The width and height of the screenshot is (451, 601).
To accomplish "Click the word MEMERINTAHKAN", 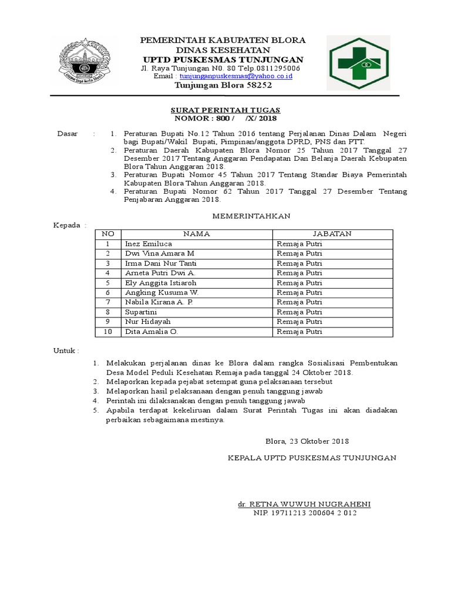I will click(x=251, y=216).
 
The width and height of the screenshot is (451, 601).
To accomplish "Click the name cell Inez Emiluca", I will click(x=147, y=243).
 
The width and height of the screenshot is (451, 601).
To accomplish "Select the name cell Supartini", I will click(x=140, y=312).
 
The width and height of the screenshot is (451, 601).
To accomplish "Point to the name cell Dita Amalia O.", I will click(x=150, y=332).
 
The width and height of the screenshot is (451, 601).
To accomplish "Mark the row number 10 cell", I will click(x=107, y=332).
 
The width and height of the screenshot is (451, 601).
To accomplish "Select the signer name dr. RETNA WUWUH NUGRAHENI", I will click(x=304, y=504).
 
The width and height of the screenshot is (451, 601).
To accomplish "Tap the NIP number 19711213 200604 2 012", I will click(x=305, y=513).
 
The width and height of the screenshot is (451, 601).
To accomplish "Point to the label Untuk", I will click(x=66, y=350).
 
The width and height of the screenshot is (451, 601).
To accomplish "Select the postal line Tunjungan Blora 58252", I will click(x=223, y=85).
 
